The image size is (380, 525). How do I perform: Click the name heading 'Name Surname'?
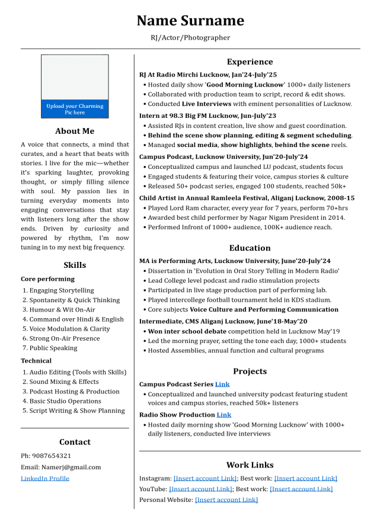click(190, 21)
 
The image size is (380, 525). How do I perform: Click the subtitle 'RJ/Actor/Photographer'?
click(190, 37)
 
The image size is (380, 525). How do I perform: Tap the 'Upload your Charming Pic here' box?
click(75, 109)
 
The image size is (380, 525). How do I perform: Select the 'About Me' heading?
click(75, 131)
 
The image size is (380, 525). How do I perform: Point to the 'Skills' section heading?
click(75, 265)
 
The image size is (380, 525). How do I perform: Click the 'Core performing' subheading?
click(47, 278)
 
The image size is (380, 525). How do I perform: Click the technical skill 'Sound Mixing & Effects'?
click(64, 382)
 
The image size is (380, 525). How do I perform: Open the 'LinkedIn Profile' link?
click(45, 478)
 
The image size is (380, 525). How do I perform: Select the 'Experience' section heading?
click(250, 62)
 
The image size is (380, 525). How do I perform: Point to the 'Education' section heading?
click(250, 248)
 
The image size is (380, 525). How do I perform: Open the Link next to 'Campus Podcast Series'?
click(222, 384)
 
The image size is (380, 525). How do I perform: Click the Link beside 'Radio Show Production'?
click(223, 415)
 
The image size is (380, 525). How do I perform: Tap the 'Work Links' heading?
click(250, 465)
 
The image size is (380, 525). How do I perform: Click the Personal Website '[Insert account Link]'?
click(226, 500)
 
